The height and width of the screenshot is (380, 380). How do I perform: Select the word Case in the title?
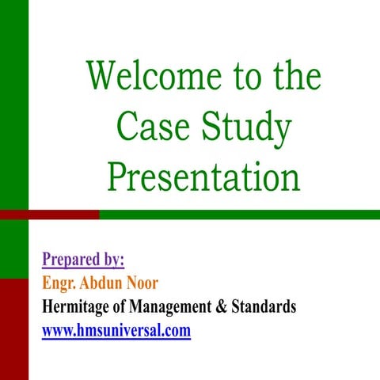pos(150,127)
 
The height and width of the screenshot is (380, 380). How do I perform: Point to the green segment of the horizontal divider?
pos(237,214)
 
